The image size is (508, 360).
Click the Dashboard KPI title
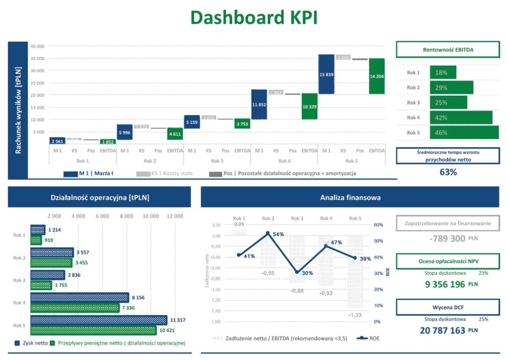(x=254, y=17)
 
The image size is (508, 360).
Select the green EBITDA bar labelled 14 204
(x=377, y=76)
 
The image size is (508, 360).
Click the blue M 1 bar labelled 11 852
(x=258, y=104)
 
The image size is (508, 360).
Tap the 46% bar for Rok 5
(x=464, y=132)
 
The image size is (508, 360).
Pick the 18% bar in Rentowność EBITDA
(x=443, y=72)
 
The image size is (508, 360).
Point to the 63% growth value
(x=448, y=173)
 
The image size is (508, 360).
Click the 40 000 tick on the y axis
(x=38, y=46)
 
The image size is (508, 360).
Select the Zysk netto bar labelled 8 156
(x=79, y=298)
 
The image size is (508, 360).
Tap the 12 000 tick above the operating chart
(x=175, y=216)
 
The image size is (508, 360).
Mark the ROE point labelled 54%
(x=268, y=233)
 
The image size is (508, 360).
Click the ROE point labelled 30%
(x=297, y=272)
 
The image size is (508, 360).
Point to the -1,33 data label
(x=355, y=315)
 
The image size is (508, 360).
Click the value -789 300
(x=447, y=239)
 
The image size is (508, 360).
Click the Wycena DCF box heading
(x=447, y=307)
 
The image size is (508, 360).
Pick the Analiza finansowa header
(x=350, y=198)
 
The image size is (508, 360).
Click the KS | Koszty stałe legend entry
(x=164, y=174)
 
